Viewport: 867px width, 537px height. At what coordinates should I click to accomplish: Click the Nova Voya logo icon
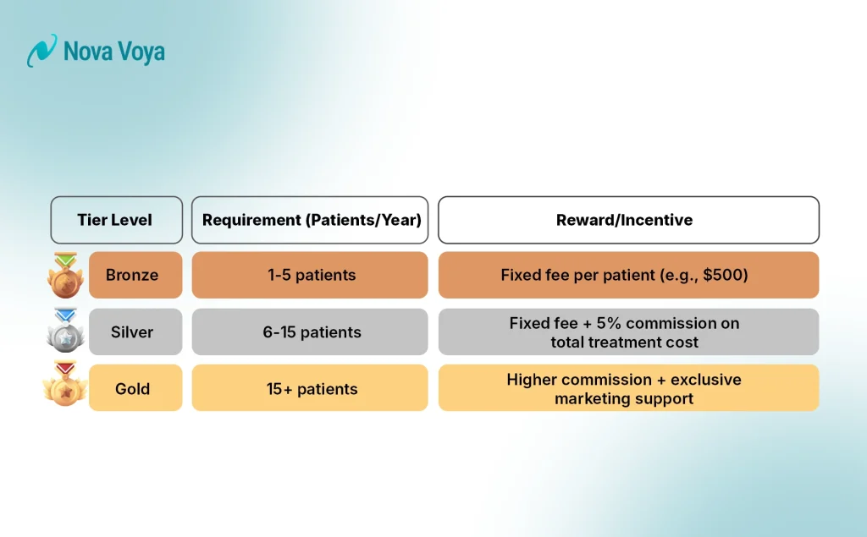[x=41, y=52]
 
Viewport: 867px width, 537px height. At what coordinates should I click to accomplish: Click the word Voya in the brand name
[x=141, y=52]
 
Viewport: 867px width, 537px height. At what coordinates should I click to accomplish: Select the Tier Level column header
[x=116, y=220]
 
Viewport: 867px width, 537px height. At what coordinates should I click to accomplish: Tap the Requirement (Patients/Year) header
[x=311, y=220]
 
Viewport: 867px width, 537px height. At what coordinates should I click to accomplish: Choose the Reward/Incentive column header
[x=627, y=220]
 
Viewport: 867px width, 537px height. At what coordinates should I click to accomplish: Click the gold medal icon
[x=64, y=386]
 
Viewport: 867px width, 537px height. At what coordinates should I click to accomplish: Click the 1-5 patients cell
[x=310, y=275]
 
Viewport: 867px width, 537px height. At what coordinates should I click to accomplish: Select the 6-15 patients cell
[x=310, y=332]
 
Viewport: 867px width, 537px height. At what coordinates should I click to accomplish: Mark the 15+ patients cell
[x=310, y=389]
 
